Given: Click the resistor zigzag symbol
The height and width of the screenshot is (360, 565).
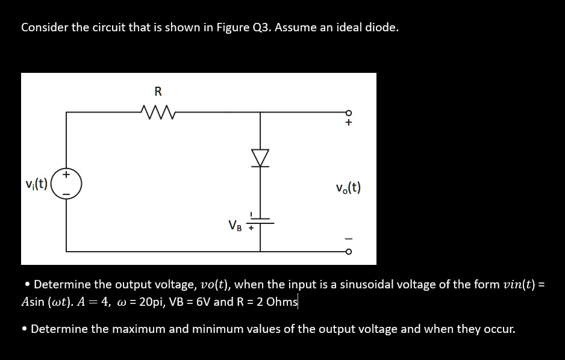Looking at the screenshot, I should click(x=158, y=111).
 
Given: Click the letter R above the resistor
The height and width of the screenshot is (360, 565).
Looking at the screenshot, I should click(x=158, y=92).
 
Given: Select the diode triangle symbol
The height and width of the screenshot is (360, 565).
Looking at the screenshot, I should click(x=261, y=158).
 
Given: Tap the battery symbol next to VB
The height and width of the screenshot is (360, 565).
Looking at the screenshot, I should click(x=261, y=222).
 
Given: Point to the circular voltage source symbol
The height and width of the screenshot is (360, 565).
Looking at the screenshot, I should click(x=66, y=183).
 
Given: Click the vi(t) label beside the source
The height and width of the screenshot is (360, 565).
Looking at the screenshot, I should click(x=37, y=184).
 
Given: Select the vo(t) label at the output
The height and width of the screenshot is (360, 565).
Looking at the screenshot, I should click(x=349, y=188).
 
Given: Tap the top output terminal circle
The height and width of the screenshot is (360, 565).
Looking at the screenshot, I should click(x=348, y=112).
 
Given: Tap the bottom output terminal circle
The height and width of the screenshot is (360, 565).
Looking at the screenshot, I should click(x=348, y=251).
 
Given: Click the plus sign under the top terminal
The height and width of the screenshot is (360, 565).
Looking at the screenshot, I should click(x=348, y=123).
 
